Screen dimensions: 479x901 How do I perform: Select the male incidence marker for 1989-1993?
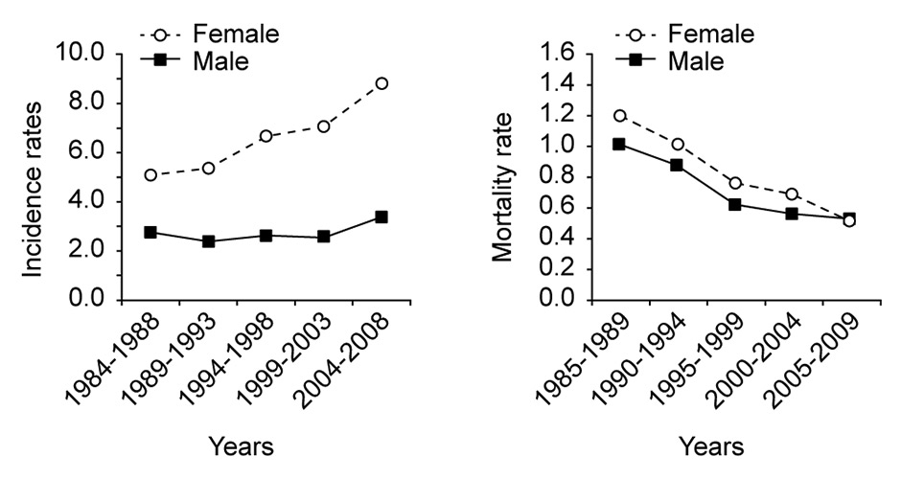click(209, 241)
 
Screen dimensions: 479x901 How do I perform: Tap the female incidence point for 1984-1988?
click(151, 175)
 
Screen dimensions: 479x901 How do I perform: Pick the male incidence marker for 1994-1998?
click(266, 236)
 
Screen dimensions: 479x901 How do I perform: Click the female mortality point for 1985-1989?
click(620, 116)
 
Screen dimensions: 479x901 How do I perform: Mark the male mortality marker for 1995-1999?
click(735, 204)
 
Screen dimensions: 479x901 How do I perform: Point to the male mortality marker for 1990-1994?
click(678, 165)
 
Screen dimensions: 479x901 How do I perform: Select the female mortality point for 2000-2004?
click(792, 194)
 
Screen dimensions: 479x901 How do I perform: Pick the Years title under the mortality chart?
click(711, 446)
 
